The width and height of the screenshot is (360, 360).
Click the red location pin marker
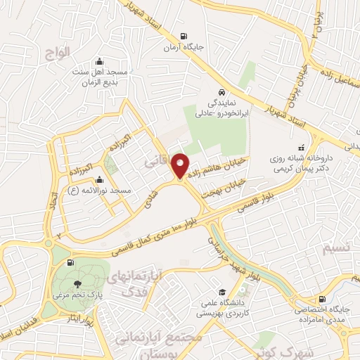181,165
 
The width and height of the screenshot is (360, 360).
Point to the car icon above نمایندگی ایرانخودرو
221,91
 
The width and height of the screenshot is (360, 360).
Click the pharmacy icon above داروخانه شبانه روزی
302,148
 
